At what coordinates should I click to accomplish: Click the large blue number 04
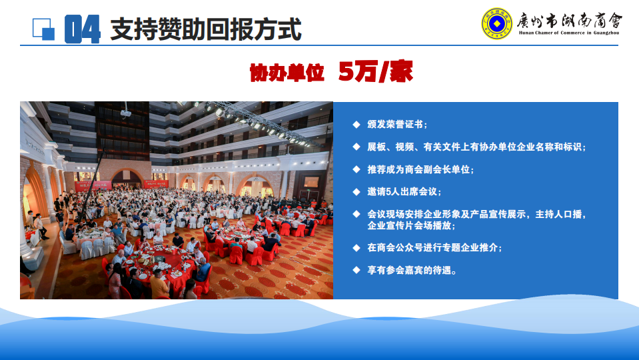coord(83,29)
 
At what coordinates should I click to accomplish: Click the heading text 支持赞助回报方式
coord(206,29)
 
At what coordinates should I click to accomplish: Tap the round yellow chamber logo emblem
coord(496,23)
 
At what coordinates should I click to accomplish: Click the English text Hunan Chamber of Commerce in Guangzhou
coord(569,33)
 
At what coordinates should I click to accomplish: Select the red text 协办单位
coord(287,73)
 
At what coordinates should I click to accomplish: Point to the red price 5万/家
coord(375,71)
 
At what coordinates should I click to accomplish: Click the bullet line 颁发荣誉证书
coord(397,125)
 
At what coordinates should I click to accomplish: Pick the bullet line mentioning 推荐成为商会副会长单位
coord(420,169)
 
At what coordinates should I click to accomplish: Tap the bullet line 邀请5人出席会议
coord(404,191)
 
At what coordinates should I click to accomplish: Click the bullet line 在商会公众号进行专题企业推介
coord(434,247)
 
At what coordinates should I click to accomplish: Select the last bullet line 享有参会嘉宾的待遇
coord(412,270)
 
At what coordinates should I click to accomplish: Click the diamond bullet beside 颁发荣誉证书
coord(356,125)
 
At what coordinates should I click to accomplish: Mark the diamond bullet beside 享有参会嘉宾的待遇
coord(356,270)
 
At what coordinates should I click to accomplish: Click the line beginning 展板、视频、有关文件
coord(476,147)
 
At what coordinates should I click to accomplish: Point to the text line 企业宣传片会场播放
coord(411,225)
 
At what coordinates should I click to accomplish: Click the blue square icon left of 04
coord(43,29)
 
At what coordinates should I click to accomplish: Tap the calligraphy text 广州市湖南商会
coord(569,20)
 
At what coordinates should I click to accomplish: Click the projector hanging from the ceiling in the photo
coord(125,112)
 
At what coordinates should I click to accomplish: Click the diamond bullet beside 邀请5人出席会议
coord(356,191)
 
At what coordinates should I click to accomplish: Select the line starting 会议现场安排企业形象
coord(476,214)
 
